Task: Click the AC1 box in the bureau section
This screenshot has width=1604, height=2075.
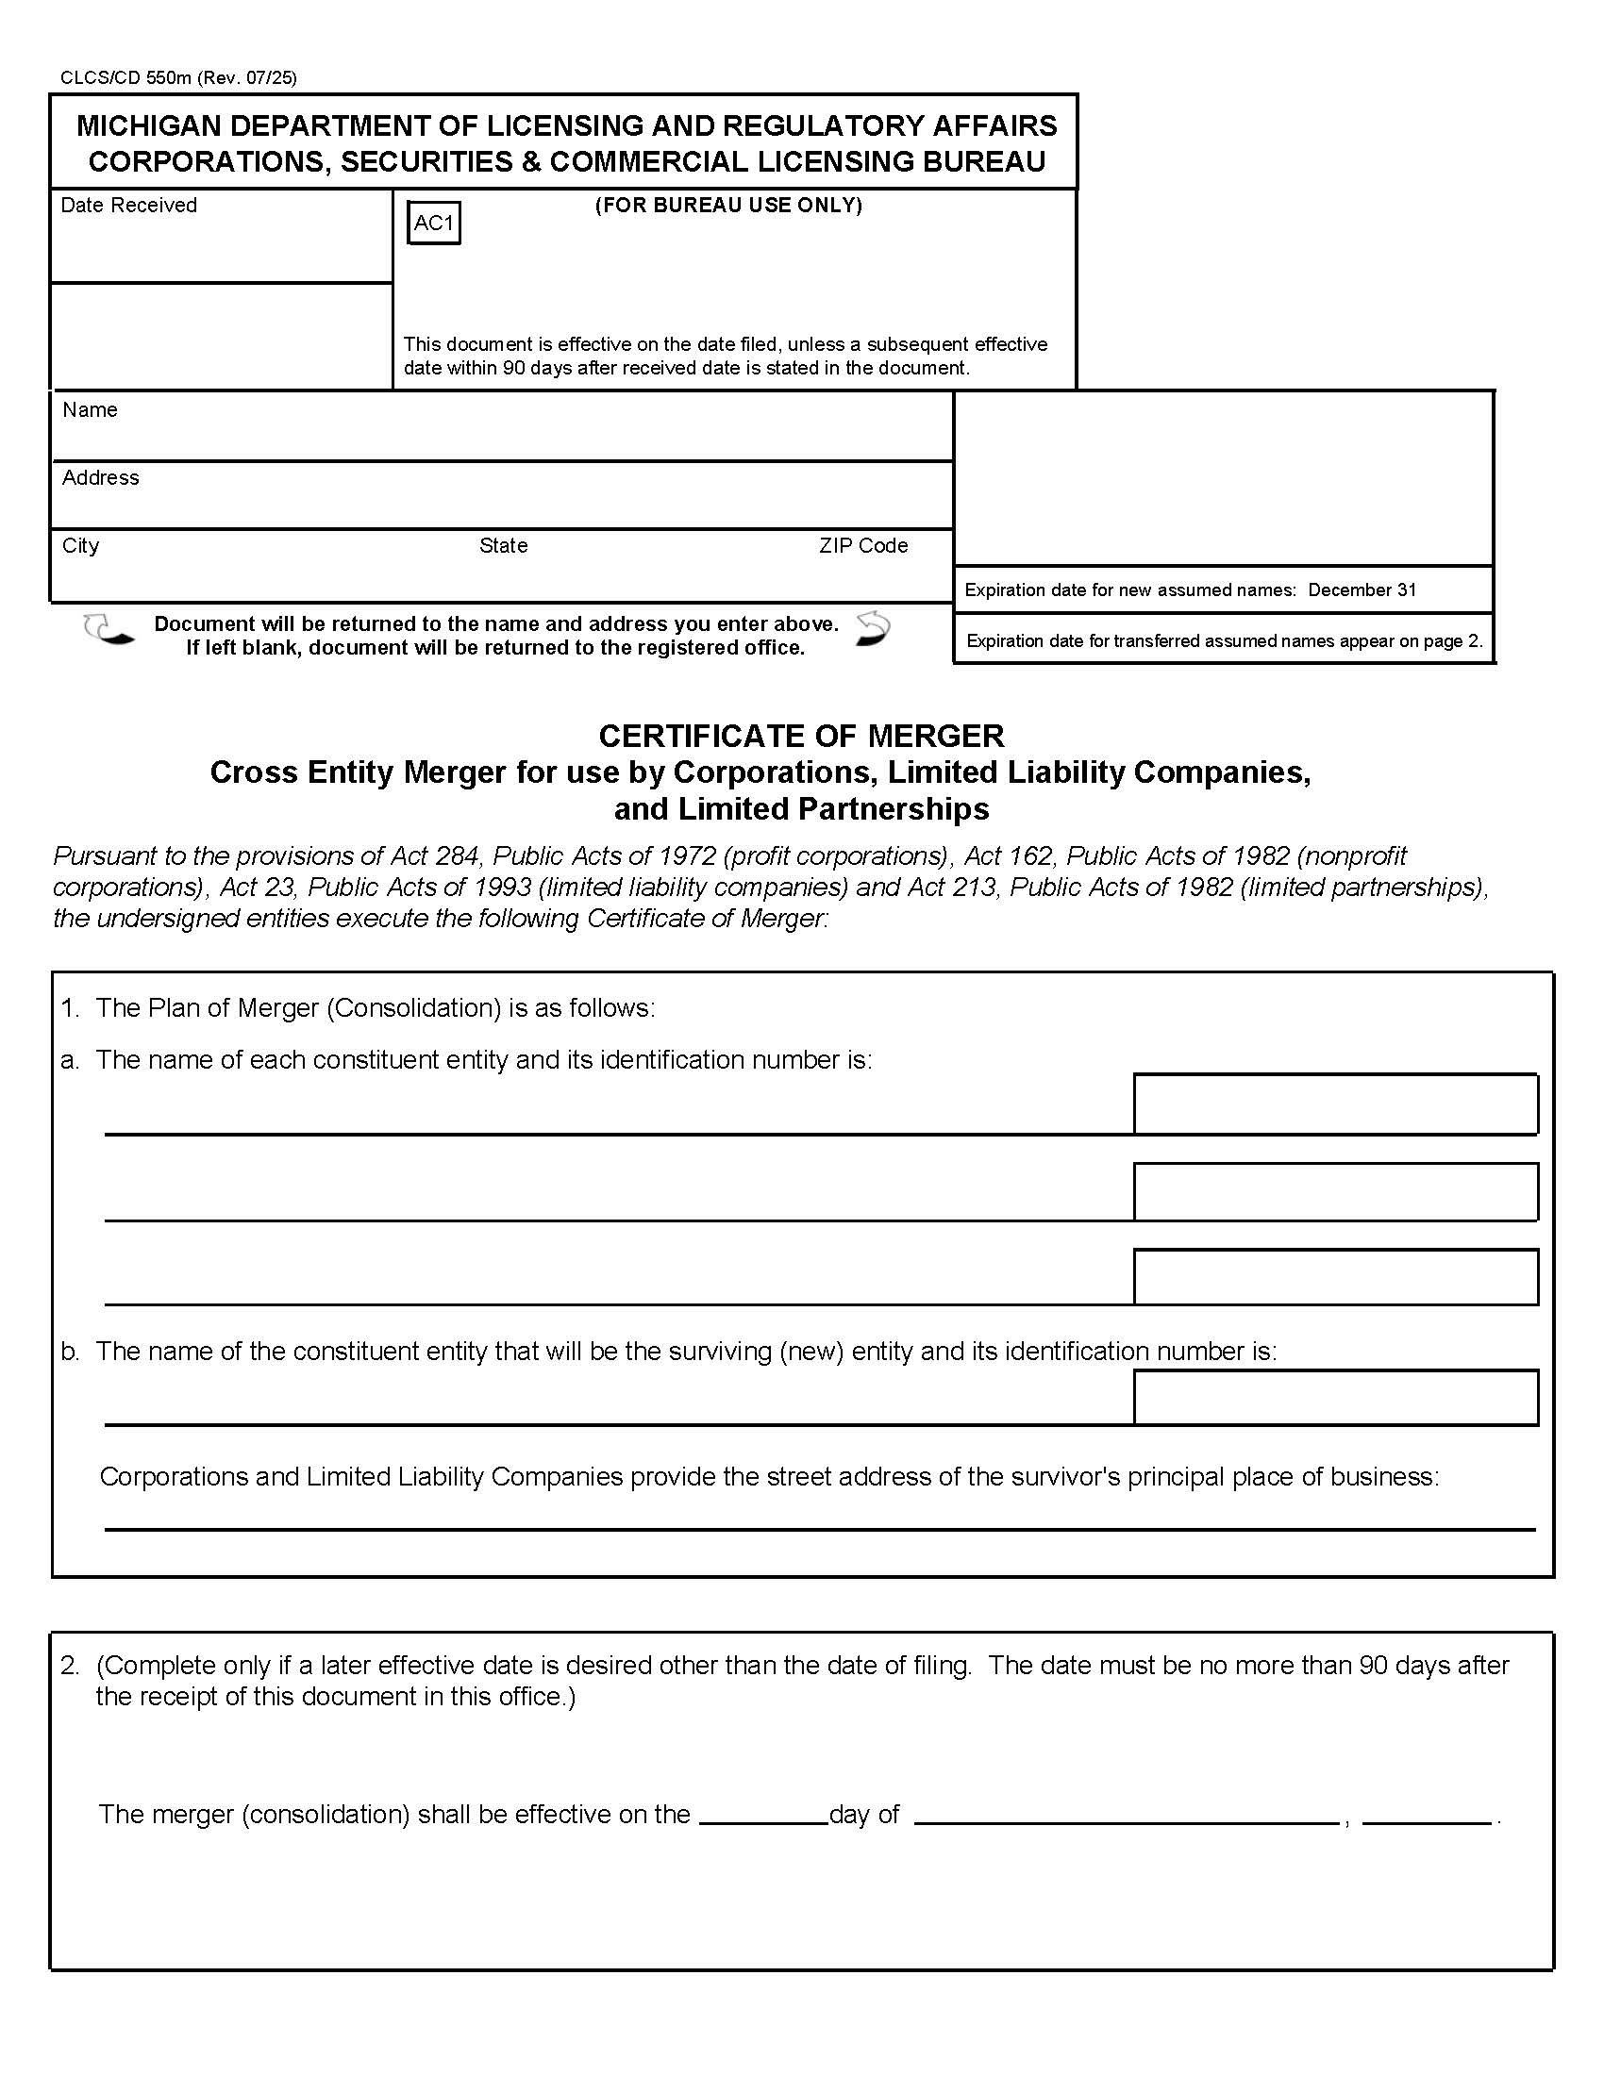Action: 433,224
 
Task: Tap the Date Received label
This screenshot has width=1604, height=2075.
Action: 128,206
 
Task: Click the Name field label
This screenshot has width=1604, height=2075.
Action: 90,409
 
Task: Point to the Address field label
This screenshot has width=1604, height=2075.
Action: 100,477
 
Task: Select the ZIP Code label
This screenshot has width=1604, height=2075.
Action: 862,545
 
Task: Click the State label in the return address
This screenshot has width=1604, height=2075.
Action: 503,545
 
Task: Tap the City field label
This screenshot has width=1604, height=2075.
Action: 80,545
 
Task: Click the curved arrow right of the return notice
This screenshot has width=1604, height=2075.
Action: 873,629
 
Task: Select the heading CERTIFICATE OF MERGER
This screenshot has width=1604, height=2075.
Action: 800,736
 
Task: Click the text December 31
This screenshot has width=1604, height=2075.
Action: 1362,590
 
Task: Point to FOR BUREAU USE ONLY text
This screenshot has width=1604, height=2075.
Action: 727,206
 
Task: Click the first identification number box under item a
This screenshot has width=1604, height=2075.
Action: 1335,1104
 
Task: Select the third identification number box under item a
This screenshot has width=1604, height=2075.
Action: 1335,1276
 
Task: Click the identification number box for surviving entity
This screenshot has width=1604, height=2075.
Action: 1335,1397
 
